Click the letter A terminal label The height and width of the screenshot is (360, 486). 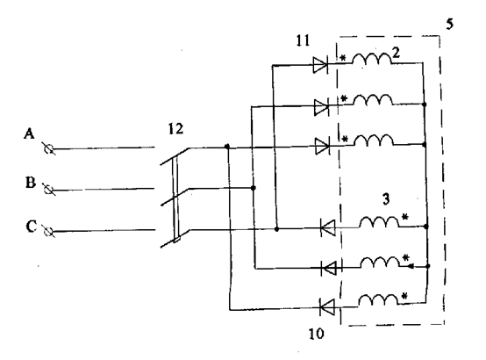click(29, 133)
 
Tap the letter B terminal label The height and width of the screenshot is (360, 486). click(30, 182)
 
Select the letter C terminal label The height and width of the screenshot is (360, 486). click(31, 227)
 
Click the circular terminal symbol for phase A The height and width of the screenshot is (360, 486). click(48, 149)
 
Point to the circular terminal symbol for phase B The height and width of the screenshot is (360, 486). click(48, 190)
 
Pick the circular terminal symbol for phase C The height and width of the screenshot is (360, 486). click(48, 232)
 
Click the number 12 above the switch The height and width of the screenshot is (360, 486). click(175, 128)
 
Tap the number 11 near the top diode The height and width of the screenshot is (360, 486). click(303, 40)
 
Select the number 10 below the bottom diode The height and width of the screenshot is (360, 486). click(316, 334)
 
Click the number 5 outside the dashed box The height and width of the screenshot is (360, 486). click(450, 24)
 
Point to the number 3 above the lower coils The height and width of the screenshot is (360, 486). click(386, 199)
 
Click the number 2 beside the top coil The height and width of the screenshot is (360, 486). click(396, 53)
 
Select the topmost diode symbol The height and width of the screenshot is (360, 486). click(320, 65)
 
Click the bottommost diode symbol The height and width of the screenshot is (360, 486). click(327, 307)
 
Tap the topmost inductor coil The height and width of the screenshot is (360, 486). click(372, 58)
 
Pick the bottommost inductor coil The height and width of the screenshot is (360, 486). click(378, 299)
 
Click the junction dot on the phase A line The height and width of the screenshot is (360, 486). click(227, 146)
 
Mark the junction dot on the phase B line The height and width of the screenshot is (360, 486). click(254, 188)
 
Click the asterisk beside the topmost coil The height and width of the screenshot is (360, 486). click(343, 58)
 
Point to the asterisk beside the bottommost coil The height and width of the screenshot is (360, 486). click(404, 296)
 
